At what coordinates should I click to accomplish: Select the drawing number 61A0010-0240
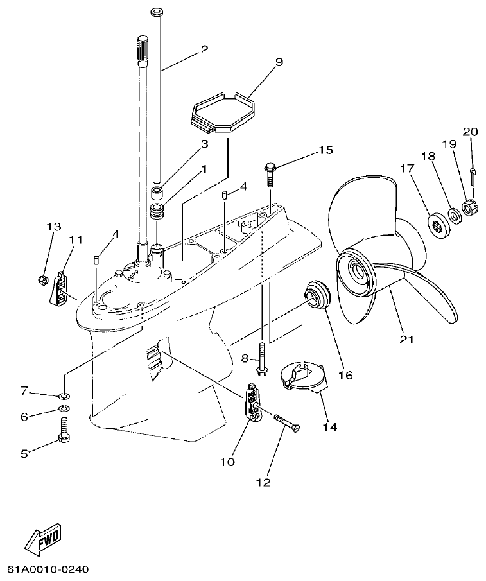click(48, 569)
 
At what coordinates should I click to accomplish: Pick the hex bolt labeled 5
click(63, 429)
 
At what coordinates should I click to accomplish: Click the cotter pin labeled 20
click(473, 174)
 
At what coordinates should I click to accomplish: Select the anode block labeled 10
click(254, 404)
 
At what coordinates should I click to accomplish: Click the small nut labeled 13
click(42, 279)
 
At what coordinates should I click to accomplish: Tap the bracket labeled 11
click(60, 286)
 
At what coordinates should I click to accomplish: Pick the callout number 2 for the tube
click(204, 49)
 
